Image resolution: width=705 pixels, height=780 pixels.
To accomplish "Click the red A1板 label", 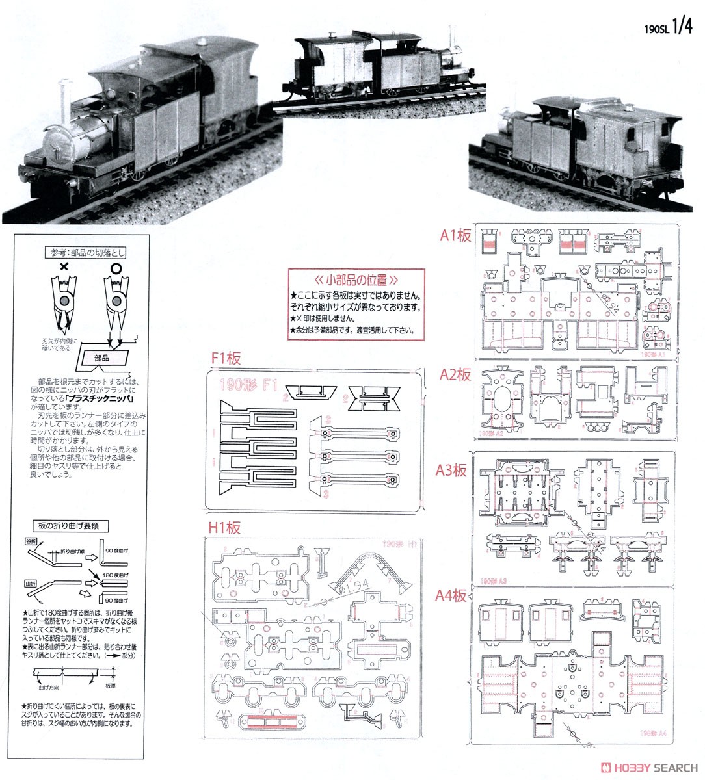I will [x=455, y=237].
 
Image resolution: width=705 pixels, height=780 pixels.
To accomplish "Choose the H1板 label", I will [x=224, y=527].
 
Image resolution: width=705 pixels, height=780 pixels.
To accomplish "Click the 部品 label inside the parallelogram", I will [x=102, y=357].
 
